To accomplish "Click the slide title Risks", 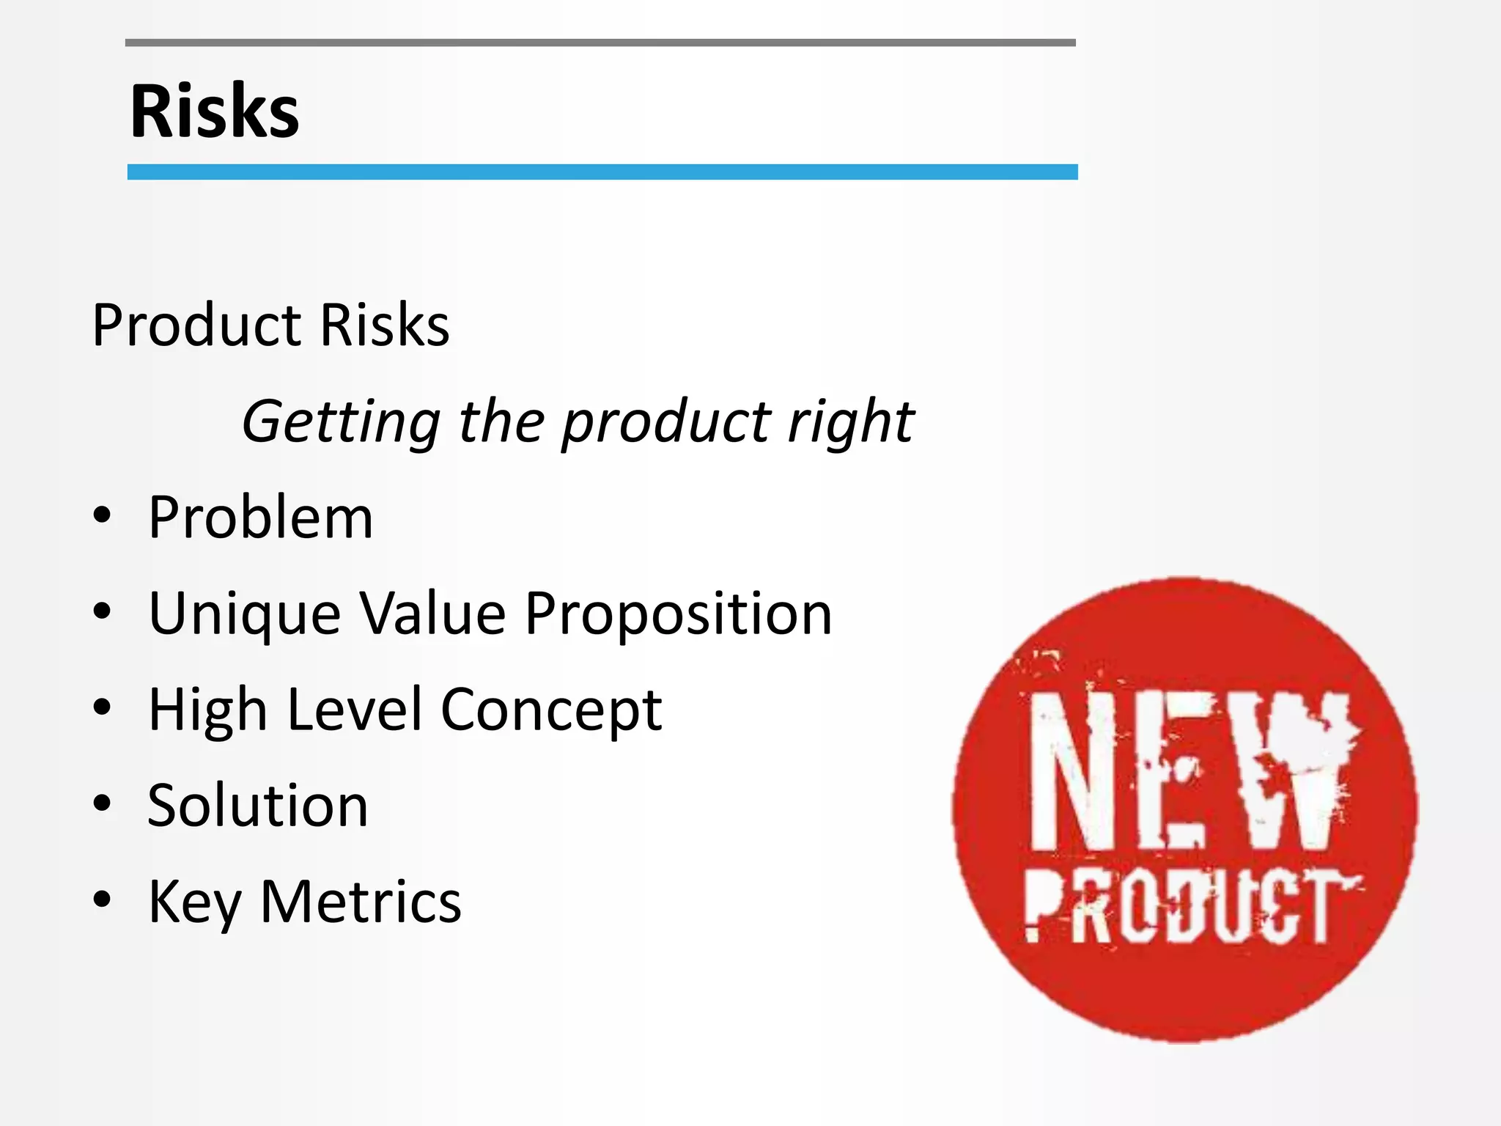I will coord(215,111).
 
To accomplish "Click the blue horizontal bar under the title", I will coord(602,172).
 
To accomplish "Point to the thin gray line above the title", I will coord(600,43).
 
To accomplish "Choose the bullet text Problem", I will coord(260,518).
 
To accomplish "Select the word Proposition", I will coord(678,614).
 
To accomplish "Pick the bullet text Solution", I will coord(257,806).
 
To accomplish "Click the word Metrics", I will coord(361,902).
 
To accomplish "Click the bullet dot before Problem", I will coord(102,515).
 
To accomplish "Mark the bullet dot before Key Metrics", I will coord(102,899).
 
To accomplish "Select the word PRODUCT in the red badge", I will coord(1190,909).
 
